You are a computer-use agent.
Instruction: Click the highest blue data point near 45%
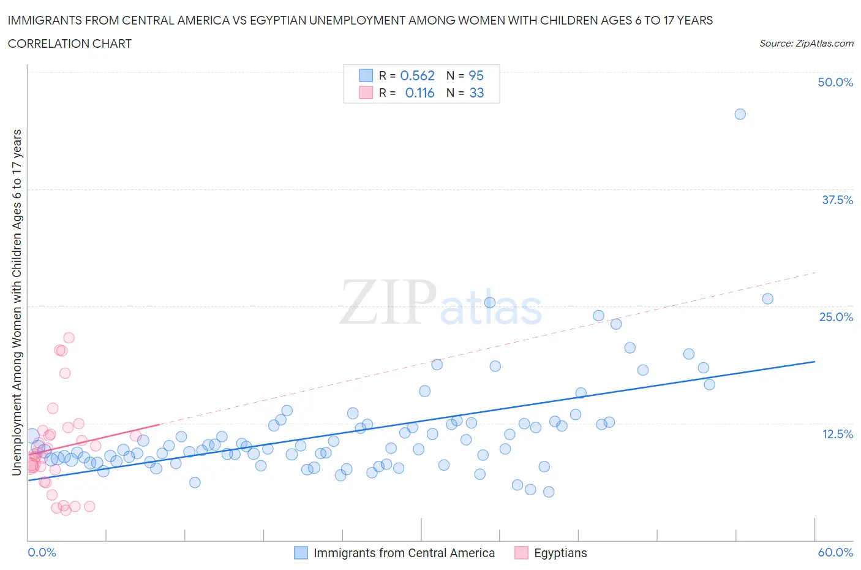pyautogui.click(x=740, y=114)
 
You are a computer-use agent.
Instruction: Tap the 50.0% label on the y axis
pyautogui.click(x=835, y=82)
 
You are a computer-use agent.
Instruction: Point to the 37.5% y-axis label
pyautogui.click(x=837, y=200)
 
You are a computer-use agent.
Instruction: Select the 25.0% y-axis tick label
pyautogui.click(x=836, y=317)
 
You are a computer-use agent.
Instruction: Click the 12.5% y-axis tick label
pyautogui.click(x=837, y=434)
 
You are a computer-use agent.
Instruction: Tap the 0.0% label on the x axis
pyautogui.click(x=42, y=552)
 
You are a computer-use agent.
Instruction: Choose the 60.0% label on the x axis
pyautogui.click(x=835, y=552)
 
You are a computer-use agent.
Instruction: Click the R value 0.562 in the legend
pyautogui.click(x=417, y=75)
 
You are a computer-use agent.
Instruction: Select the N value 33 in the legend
pyautogui.click(x=476, y=93)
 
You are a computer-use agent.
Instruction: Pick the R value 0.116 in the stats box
pyautogui.click(x=419, y=93)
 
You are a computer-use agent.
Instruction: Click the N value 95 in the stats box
pyautogui.click(x=476, y=75)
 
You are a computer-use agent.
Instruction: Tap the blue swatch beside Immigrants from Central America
pyautogui.click(x=301, y=553)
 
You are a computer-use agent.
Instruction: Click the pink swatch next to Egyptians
pyautogui.click(x=521, y=553)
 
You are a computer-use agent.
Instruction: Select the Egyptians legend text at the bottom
pyautogui.click(x=560, y=553)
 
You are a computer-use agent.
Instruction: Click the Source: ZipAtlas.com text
pyautogui.click(x=806, y=43)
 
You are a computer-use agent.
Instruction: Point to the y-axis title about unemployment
pyautogui.click(x=17, y=302)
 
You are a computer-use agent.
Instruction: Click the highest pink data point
pyautogui.click(x=69, y=338)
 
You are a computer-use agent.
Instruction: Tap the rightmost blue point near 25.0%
pyautogui.click(x=767, y=299)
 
